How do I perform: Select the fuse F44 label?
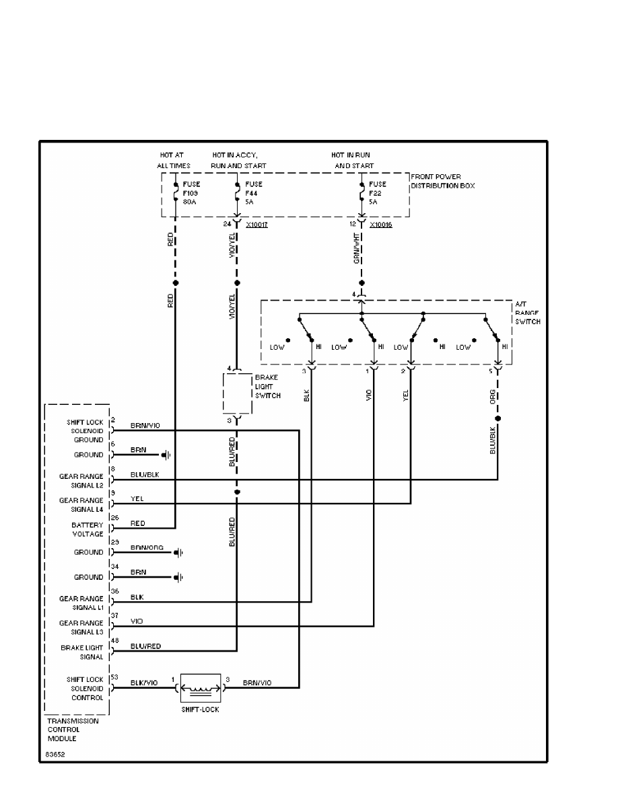coord(252,192)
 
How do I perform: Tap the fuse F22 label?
coord(376,192)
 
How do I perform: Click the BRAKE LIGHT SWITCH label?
coord(265,387)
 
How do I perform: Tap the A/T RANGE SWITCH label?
coord(528,313)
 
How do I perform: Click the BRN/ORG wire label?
coord(145,547)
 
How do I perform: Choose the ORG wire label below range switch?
coord(493,395)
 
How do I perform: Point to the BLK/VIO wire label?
coord(143,682)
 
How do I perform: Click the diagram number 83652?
coord(55,755)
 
